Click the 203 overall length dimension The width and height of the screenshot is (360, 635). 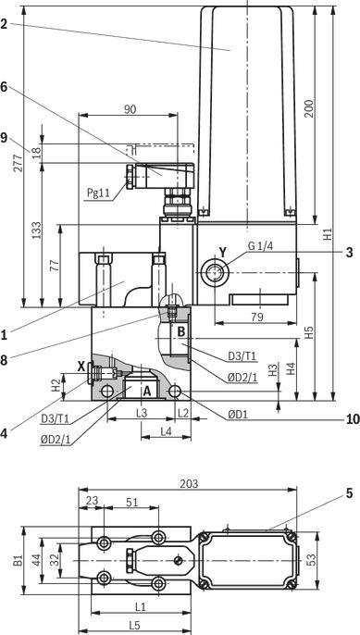tap(189, 483)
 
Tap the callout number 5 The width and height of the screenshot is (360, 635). tap(350, 493)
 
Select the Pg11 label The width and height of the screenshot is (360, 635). tap(99, 193)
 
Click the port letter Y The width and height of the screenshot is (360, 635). tap(223, 253)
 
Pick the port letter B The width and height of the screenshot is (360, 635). tap(181, 331)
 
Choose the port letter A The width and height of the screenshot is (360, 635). tap(146, 391)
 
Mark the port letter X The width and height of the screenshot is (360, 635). tap(81, 367)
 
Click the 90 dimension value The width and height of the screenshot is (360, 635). tap(130, 109)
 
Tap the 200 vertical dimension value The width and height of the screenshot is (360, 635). tap(309, 108)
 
